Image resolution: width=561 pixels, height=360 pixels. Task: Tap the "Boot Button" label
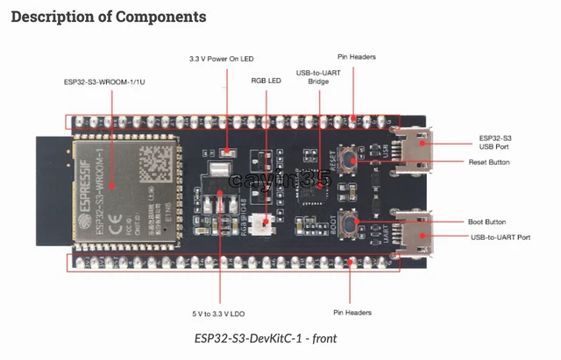click(488, 222)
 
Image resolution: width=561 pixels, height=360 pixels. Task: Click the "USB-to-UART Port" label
click(500, 236)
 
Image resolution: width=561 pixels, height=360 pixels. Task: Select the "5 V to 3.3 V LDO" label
click(221, 313)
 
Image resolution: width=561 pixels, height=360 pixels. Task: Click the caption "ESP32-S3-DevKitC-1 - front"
click(266, 338)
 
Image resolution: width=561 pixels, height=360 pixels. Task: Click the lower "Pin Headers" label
click(352, 313)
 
